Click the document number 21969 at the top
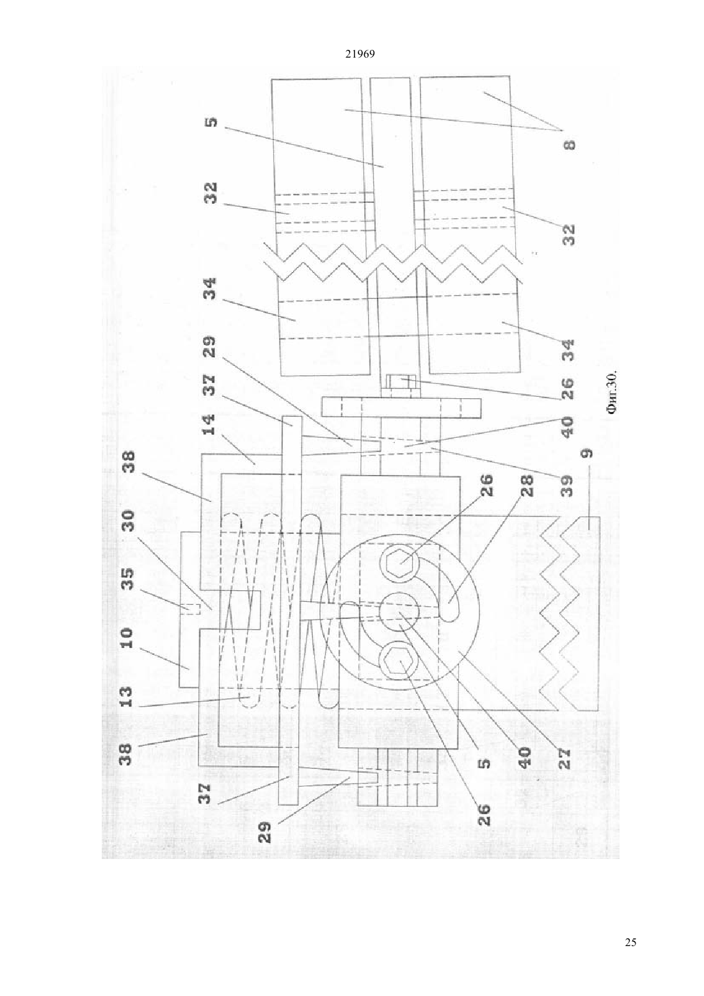click(x=360, y=54)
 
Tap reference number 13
click(x=126, y=698)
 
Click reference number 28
click(x=527, y=486)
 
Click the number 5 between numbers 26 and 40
click(x=485, y=763)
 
